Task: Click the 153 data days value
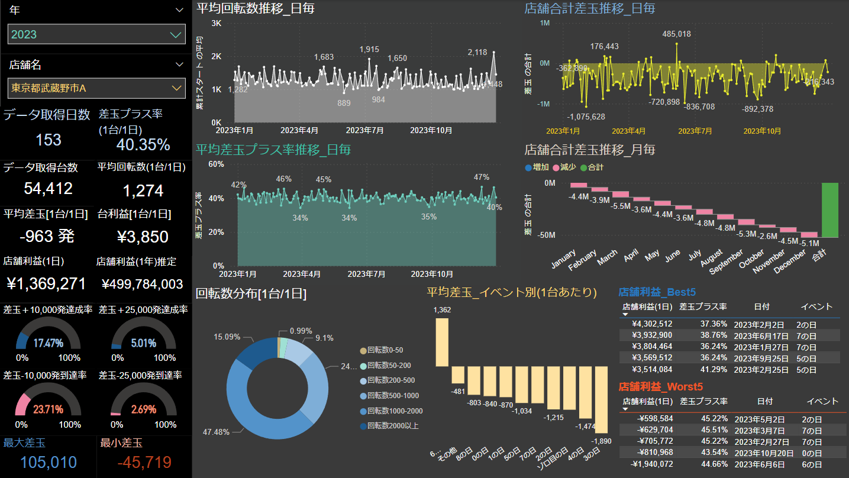pos(49,140)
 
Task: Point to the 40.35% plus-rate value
pos(143,144)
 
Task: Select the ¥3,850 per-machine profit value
pos(142,237)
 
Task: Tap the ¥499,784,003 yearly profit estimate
pos(143,284)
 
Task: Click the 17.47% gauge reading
pos(48,343)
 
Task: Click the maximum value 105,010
pos(49,462)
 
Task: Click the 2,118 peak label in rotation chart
pos(477,53)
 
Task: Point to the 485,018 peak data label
pos(677,34)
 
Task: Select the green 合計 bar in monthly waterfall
pos(829,210)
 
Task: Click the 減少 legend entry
pos(565,167)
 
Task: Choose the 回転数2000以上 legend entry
pos(393,425)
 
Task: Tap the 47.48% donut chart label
pos(216,432)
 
